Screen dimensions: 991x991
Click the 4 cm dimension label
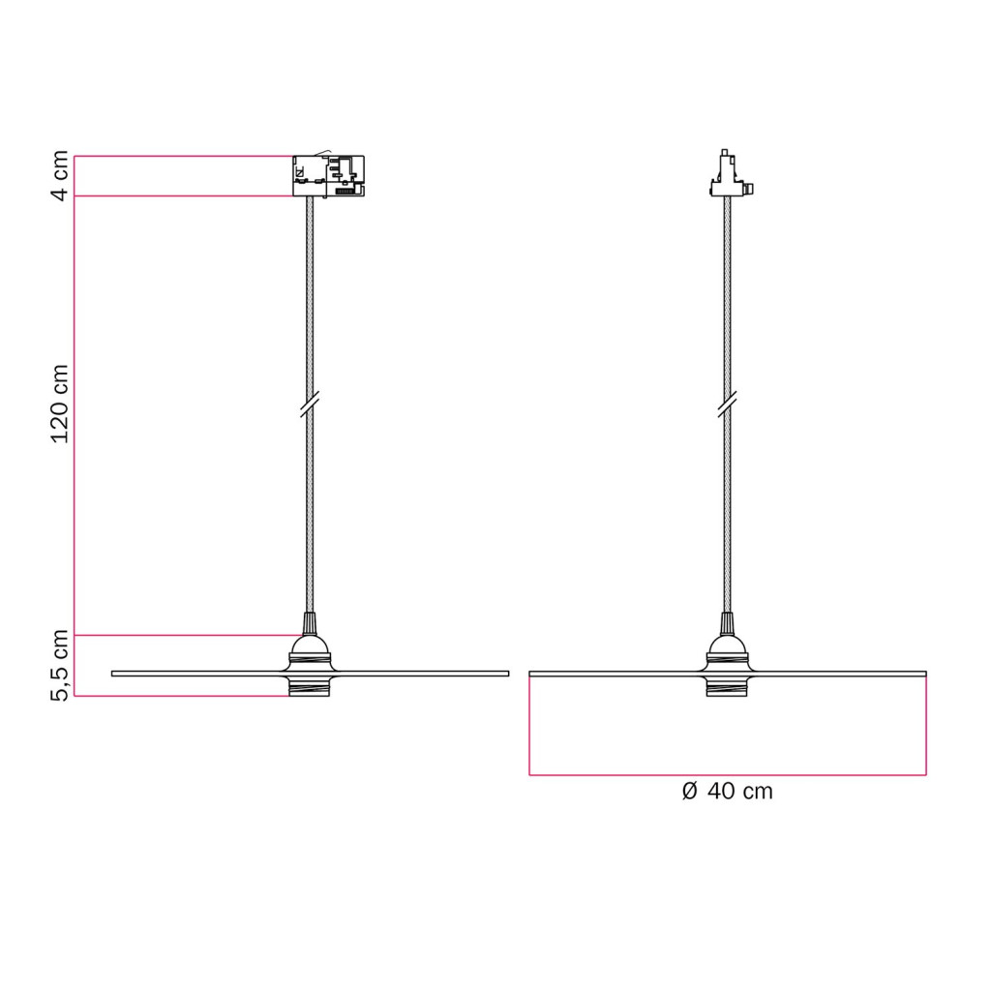pos(59,176)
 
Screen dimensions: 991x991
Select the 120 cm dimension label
pos(59,404)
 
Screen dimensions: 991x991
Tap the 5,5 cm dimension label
pos(59,666)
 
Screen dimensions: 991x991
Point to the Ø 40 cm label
pos(728,792)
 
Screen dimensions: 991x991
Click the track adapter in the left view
pos(329,176)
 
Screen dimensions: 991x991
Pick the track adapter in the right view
pos(731,174)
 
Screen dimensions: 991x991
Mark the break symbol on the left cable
pos(310,405)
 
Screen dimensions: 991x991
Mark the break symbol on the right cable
pos(728,405)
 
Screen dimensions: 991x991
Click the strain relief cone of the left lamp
pos(310,623)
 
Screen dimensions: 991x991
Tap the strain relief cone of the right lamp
pos(727,623)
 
